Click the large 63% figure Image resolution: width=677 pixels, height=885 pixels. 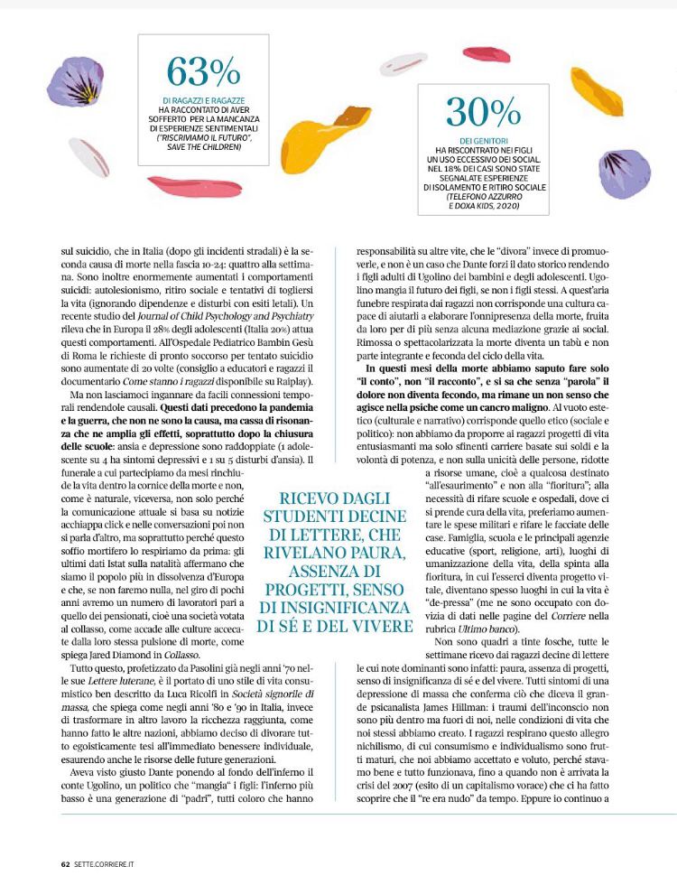(x=202, y=70)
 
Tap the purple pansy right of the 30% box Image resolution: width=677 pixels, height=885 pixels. (x=624, y=174)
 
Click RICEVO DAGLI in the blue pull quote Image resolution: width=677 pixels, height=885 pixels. (x=333, y=498)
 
